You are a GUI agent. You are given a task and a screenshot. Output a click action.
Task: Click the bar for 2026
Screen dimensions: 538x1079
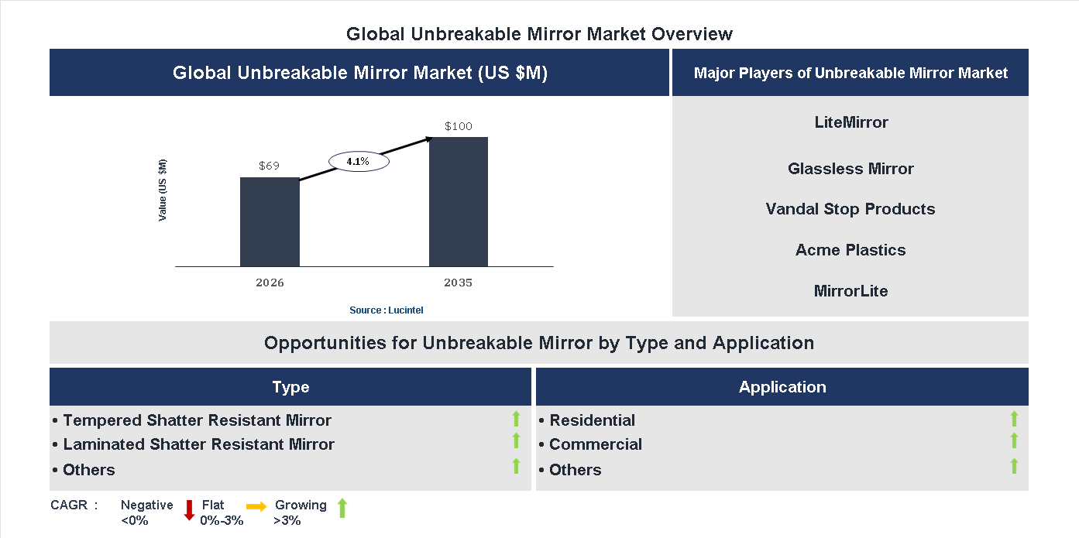270,222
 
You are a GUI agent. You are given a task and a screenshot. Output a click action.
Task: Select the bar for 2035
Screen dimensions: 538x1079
459,202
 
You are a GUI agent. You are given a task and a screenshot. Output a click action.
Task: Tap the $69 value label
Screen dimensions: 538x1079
270,166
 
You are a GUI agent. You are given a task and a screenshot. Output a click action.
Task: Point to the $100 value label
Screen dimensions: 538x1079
459,126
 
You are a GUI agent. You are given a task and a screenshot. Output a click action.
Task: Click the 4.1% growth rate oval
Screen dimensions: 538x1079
358,162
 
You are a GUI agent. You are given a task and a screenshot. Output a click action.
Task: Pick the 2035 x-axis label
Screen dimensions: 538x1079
459,283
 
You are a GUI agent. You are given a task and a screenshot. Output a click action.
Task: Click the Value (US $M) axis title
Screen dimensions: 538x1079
163,190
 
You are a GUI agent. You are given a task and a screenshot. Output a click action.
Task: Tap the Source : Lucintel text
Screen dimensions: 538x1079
387,310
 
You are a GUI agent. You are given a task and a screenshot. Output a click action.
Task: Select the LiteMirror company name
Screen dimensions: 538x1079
851,122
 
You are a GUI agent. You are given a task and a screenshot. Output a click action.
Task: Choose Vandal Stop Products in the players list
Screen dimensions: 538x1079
850,209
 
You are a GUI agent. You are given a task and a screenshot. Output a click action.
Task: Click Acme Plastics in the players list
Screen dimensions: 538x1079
850,250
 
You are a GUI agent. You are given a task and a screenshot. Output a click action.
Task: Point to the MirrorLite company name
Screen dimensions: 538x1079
851,291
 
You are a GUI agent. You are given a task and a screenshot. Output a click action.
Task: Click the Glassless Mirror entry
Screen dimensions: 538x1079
850,169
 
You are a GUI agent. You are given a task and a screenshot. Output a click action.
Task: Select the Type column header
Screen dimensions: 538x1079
290,387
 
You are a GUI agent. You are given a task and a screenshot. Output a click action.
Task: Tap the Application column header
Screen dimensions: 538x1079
782,387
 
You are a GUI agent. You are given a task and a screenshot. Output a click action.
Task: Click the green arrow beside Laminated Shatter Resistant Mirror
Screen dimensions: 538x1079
516,440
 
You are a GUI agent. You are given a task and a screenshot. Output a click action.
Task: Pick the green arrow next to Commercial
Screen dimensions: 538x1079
1014,440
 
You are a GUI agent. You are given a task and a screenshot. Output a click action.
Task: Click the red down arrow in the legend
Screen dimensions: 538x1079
189,510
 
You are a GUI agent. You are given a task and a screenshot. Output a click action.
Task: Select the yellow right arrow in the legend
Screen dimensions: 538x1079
256,506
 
